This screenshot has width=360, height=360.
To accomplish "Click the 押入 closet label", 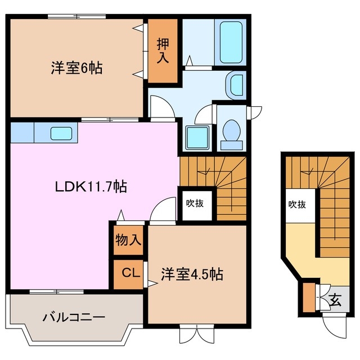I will pyautogui.click(x=163, y=51).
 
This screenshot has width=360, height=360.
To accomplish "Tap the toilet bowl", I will pyautogui.click(x=231, y=132).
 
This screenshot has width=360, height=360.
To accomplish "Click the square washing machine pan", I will pyautogui.click(x=197, y=137).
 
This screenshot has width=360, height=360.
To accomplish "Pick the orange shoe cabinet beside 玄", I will pyautogui.click(x=308, y=298).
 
